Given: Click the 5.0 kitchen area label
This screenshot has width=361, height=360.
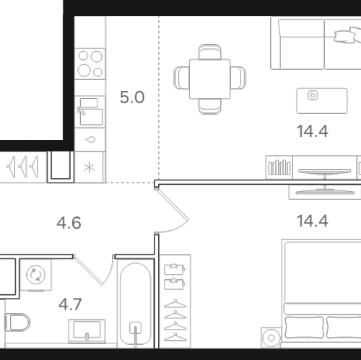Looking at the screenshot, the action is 132,97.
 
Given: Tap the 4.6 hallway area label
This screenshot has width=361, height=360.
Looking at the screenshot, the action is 69,223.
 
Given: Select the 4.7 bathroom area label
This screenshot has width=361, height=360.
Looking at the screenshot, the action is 70,304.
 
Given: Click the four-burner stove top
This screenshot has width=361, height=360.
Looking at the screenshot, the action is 90,63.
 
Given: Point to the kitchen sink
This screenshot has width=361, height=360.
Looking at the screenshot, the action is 90,112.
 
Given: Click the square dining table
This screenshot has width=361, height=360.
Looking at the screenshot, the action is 209,79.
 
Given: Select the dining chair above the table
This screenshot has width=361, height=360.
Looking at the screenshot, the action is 209,51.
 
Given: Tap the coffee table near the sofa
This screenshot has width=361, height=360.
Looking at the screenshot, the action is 322,101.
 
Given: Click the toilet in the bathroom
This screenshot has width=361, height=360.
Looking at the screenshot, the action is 17,322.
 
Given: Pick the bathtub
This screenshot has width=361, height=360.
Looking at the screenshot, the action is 136,304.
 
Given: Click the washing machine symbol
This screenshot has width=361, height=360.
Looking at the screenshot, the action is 35,275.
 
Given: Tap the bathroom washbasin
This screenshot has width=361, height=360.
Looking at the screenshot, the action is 87,330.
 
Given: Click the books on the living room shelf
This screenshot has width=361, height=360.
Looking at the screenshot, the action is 279,167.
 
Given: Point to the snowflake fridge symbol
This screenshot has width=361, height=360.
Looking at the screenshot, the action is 89,167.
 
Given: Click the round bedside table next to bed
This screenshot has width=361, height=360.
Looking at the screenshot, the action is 271,338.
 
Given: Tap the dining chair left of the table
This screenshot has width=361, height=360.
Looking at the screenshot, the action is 181,77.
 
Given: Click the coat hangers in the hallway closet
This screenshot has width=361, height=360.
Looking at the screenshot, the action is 22,167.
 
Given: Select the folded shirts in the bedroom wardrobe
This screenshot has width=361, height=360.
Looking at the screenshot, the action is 174,276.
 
